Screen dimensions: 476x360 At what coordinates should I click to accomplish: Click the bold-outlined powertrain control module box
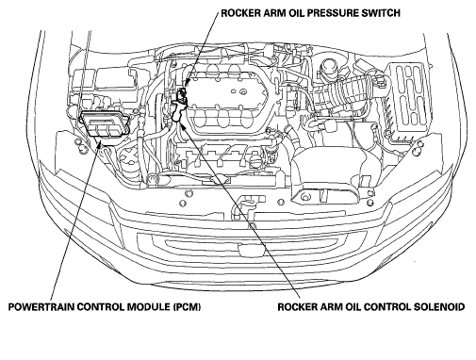coord(106,123)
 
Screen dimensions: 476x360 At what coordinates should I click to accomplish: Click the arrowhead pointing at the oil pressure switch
coord(186,83)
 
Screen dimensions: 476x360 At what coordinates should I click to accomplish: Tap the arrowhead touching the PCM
coord(100,143)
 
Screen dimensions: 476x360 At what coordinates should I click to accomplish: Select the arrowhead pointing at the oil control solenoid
coord(182,126)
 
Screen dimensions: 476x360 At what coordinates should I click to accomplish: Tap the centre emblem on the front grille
coord(250,249)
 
